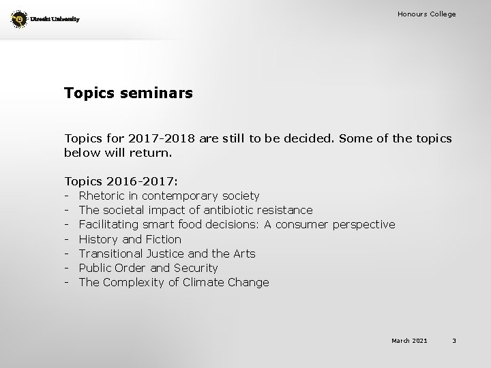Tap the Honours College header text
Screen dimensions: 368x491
point(427,14)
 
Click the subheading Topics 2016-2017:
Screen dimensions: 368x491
point(121,182)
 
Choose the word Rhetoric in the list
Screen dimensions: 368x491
point(102,196)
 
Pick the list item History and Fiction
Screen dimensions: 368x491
point(130,239)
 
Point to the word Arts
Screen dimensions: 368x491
point(243,254)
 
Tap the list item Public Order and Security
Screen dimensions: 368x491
point(148,268)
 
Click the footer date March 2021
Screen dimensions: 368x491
point(408,341)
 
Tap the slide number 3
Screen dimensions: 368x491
point(454,341)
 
